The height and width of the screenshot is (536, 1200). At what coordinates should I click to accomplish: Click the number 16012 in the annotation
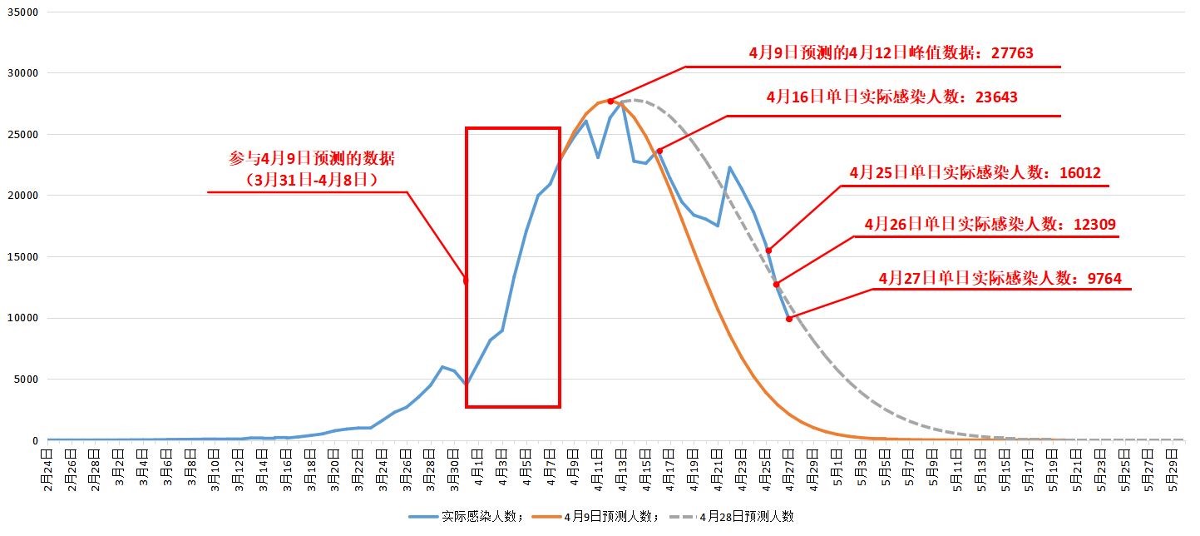tap(1079, 173)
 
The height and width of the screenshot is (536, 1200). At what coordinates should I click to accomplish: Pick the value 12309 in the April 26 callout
tap(1094, 224)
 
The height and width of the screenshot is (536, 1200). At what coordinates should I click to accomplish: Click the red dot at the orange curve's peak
tap(610, 101)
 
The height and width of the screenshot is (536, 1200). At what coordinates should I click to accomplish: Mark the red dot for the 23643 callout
tap(659, 151)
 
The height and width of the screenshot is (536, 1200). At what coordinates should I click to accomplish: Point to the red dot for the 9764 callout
tap(789, 319)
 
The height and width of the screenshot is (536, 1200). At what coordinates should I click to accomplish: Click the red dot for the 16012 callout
tap(768, 250)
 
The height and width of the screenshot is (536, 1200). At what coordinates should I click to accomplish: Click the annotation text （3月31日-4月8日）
tap(312, 178)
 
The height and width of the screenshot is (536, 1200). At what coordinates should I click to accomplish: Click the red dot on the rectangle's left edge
tap(466, 280)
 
